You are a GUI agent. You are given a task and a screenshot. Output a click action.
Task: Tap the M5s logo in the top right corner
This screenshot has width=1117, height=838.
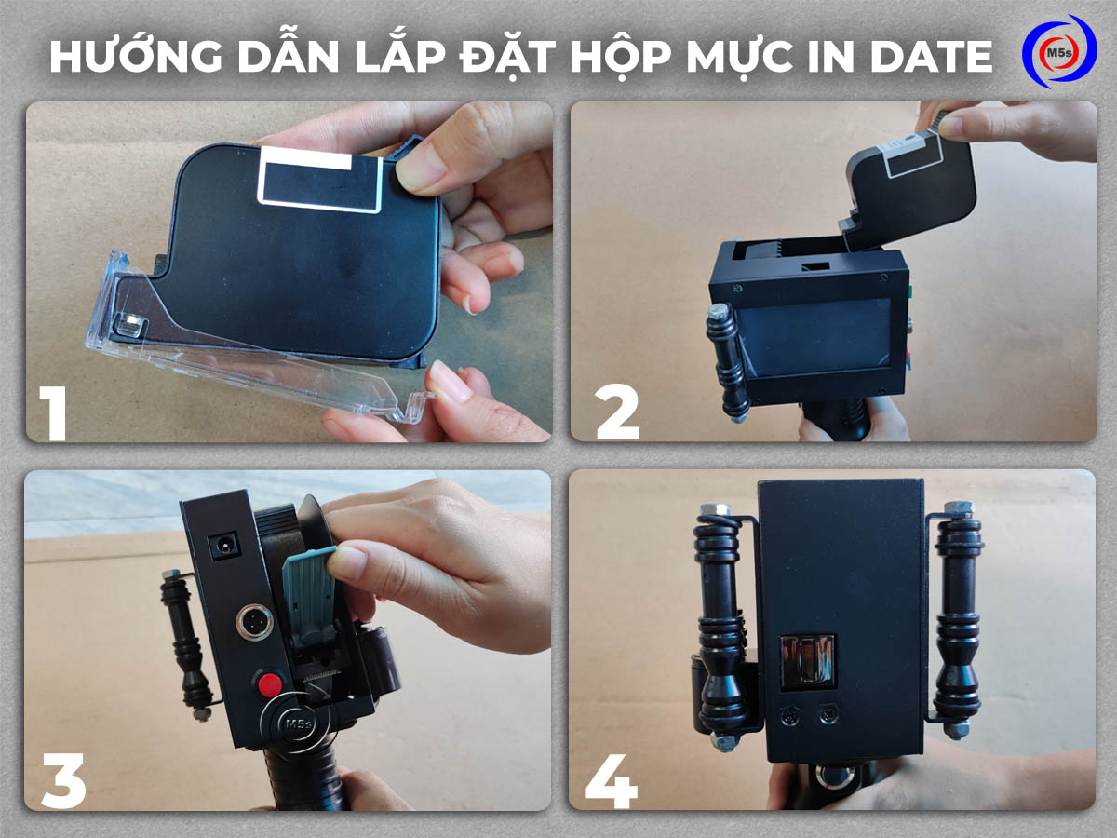(1058, 53)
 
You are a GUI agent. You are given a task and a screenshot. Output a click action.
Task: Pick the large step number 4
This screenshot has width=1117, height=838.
(612, 777)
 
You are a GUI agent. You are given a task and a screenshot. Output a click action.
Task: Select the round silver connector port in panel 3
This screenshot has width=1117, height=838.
(255, 622)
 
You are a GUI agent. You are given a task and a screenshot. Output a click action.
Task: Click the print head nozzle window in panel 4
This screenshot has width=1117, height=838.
(806, 662)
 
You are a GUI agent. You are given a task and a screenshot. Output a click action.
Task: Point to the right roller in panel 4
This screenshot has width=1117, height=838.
(957, 620)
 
